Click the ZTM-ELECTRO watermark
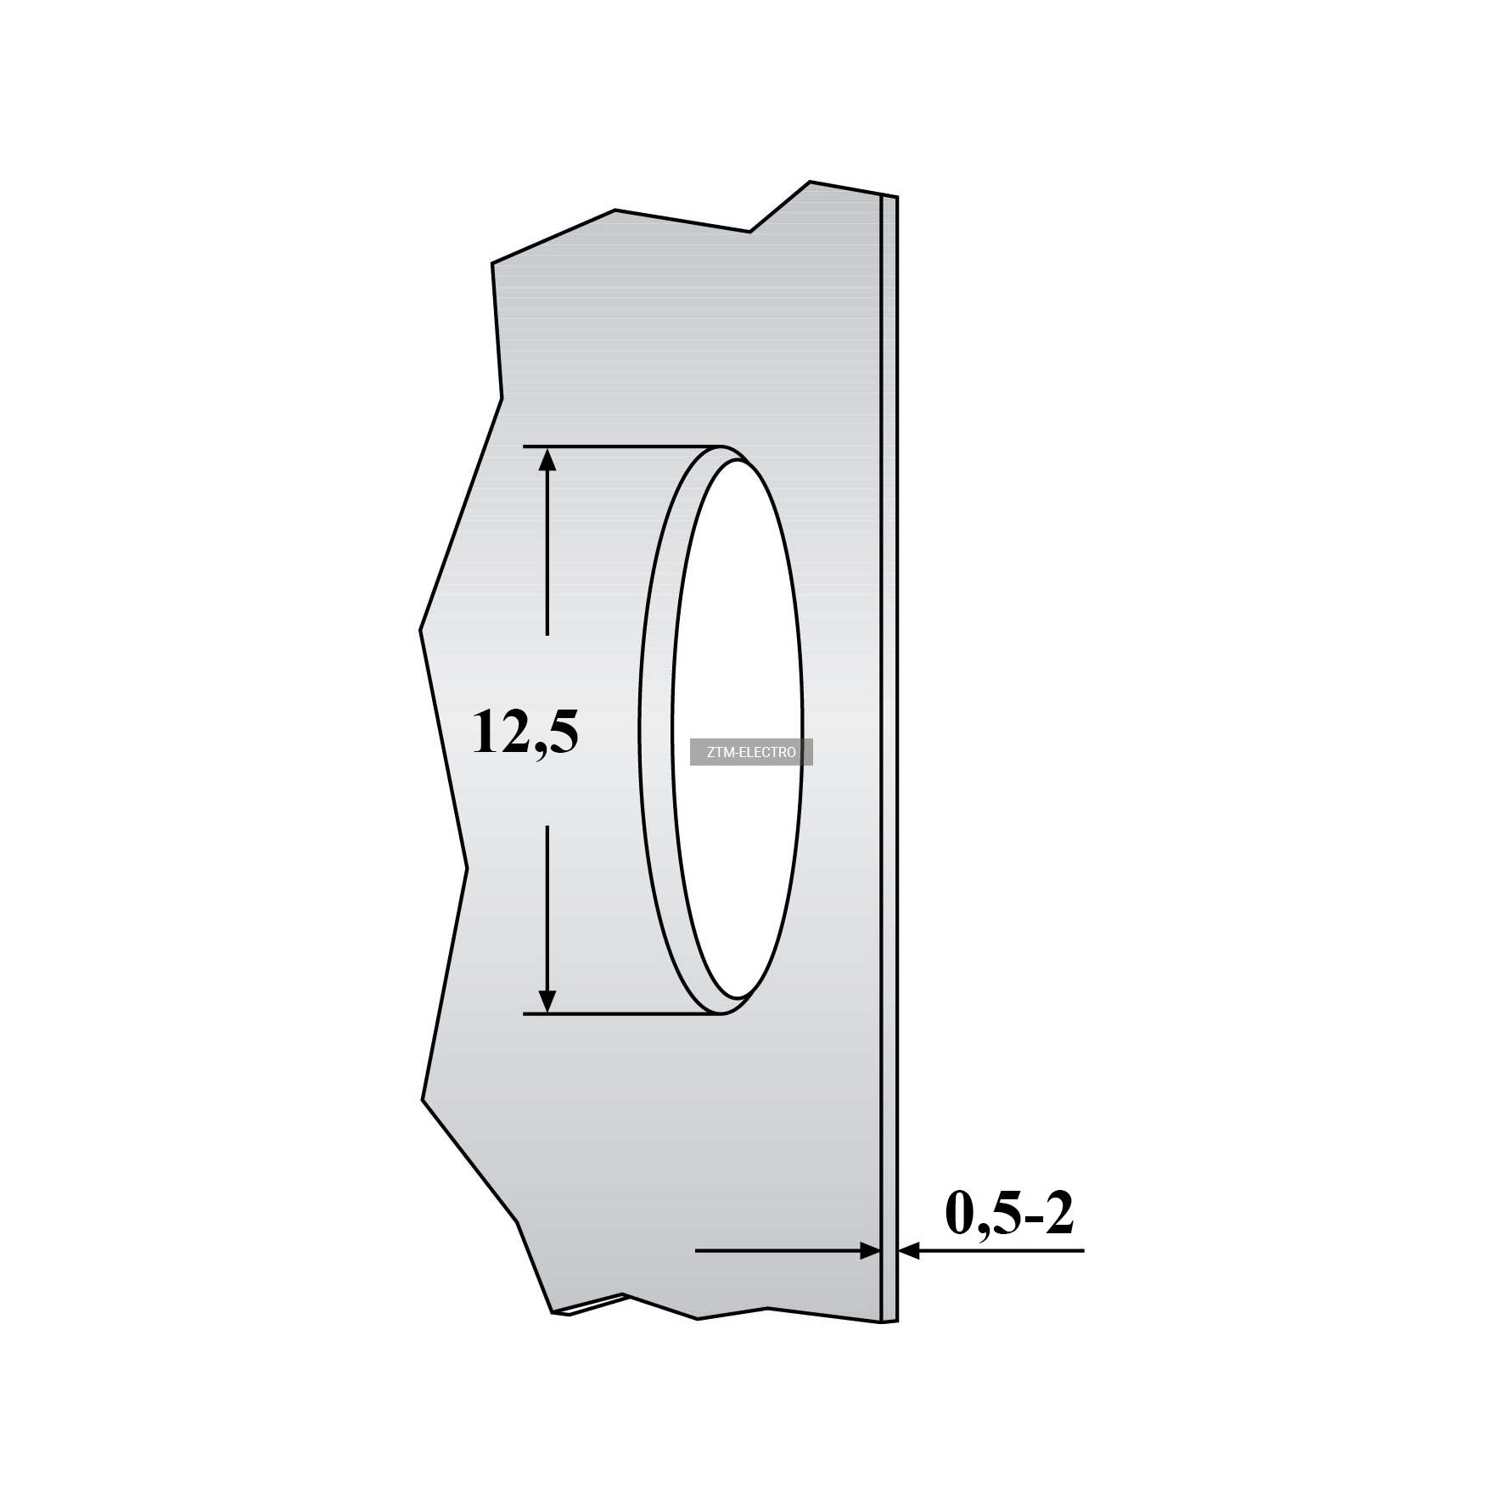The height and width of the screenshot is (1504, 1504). (x=751, y=752)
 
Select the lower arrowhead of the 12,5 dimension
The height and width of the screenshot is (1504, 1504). (x=547, y=1001)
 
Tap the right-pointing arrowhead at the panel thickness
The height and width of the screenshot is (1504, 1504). (x=869, y=1250)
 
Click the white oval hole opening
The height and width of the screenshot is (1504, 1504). (x=737, y=730)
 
